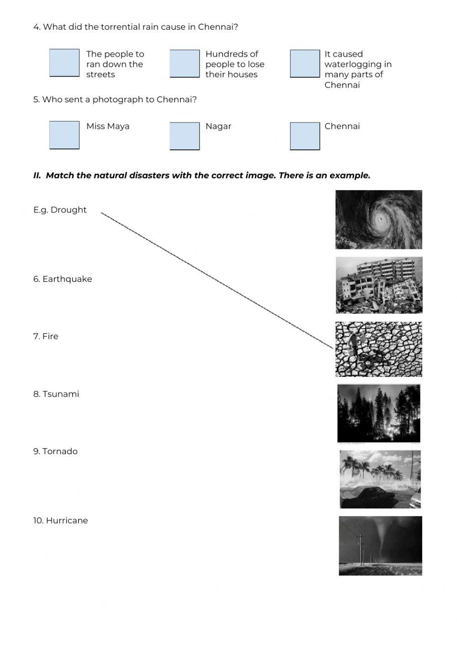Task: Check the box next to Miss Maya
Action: click(64, 135)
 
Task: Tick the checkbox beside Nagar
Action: click(185, 136)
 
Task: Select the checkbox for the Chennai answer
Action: click(305, 136)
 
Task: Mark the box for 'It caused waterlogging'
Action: click(305, 64)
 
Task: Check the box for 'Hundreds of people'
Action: click(185, 64)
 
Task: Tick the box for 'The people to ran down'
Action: click(64, 63)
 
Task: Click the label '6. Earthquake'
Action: click(63, 279)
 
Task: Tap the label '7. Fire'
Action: click(46, 336)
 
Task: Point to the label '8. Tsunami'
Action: click(56, 394)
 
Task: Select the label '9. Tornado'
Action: click(55, 451)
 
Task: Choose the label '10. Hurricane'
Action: click(60, 520)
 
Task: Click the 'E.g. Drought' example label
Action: click(60, 210)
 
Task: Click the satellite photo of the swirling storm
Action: click(378, 220)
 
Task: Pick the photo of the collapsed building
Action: click(379, 285)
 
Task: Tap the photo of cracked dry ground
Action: click(378, 349)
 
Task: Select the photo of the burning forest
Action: click(378, 413)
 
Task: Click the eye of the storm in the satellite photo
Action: click(381, 220)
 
